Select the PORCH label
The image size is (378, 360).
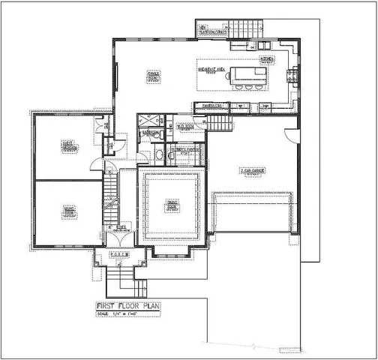tap(120, 254)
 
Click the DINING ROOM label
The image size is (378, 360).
tap(172, 204)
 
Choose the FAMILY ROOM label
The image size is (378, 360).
tap(153, 76)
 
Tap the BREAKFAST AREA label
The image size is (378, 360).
tap(213, 70)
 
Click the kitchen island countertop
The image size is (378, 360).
tap(248, 73)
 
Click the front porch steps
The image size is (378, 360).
tap(120, 282)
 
